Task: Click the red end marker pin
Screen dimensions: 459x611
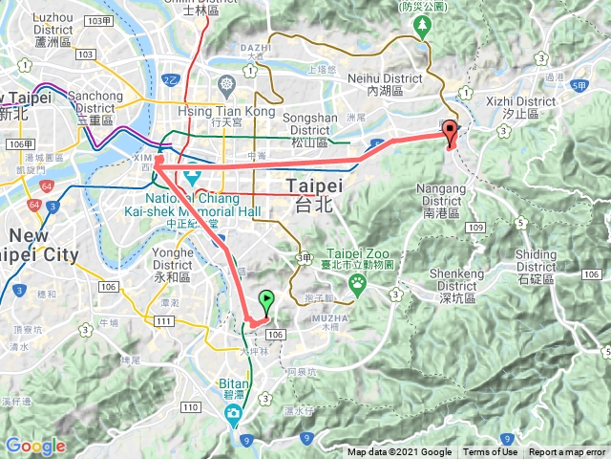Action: point(451,133)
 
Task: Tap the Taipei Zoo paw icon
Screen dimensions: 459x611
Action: point(358,282)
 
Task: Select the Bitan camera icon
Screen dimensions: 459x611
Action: point(233,412)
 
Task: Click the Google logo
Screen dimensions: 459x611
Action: point(34,446)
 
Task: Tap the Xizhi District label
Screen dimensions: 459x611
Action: point(528,105)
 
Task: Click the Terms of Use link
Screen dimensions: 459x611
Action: point(491,452)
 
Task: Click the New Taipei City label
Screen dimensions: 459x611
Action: point(42,246)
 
